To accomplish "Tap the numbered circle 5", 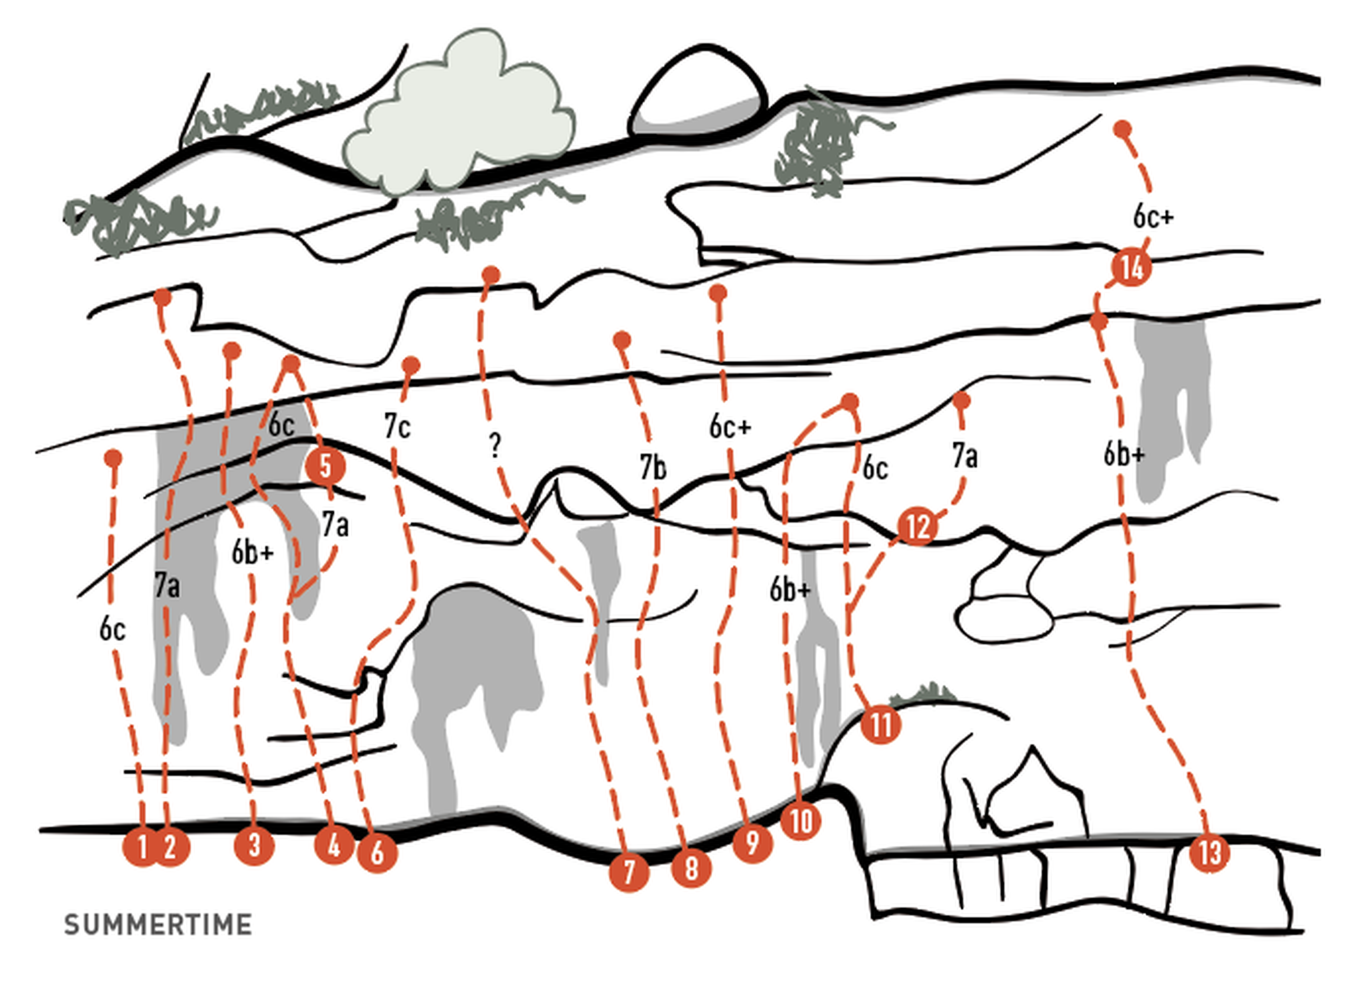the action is pyautogui.click(x=326, y=466).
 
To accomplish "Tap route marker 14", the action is pyautogui.click(x=1131, y=267).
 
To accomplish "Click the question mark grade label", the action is pyautogui.click(x=495, y=445).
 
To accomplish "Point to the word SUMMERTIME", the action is pyautogui.click(x=158, y=925).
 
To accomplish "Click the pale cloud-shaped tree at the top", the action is pyautogui.click(x=458, y=112).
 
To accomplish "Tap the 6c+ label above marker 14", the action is pyautogui.click(x=1153, y=216).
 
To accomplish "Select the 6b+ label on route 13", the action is pyautogui.click(x=1124, y=454).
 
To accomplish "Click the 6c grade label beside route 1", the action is pyautogui.click(x=112, y=630).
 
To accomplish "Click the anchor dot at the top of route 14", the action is pyautogui.click(x=1122, y=129).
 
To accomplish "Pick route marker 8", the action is pyautogui.click(x=691, y=868).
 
